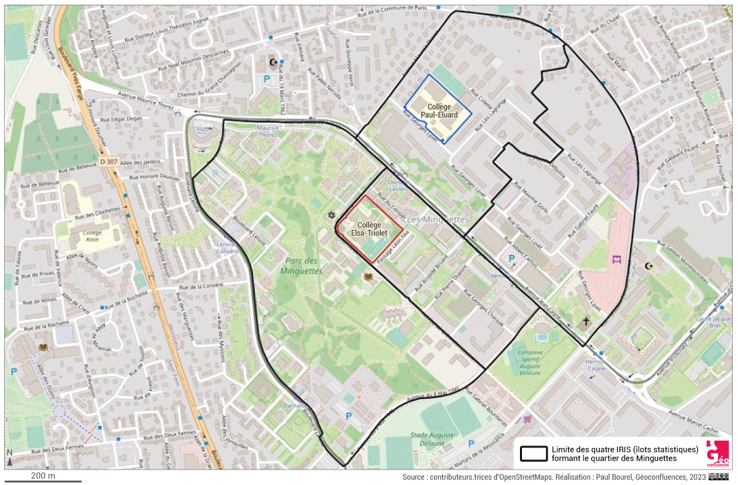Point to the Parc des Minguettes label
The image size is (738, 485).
tap(302, 266)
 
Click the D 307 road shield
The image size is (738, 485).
tap(107, 162)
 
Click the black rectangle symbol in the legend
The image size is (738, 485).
tap(534, 453)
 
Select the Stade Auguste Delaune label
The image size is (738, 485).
tap(429, 439)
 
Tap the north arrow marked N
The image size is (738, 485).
tap(10, 457)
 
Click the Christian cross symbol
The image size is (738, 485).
tap(585, 322)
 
